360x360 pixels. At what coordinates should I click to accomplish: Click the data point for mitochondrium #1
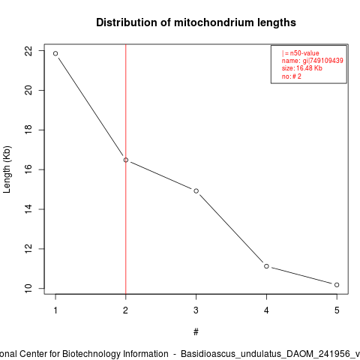[55, 53]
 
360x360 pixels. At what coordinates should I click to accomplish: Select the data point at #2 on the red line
[126, 160]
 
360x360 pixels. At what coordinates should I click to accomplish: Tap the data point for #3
[196, 191]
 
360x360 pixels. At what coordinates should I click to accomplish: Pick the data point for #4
[266, 266]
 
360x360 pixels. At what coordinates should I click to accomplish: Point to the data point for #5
[337, 285]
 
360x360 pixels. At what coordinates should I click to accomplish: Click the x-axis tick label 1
[55, 310]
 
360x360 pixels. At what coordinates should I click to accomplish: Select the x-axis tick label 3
[196, 310]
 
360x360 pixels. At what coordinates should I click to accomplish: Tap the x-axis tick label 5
[337, 310]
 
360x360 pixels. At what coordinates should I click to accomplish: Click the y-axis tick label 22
[28, 51]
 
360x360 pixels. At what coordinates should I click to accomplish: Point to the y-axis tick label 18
[28, 130]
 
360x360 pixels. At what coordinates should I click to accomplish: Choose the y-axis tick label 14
[28, 209]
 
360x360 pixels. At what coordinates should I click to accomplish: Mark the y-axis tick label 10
[28, 289]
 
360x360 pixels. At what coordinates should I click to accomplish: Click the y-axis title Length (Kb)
[7, 169]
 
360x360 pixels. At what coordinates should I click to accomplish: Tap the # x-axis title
[196, 332]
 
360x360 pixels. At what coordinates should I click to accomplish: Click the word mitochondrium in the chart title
[214, 22]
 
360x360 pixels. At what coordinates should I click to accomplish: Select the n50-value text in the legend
[304, 53]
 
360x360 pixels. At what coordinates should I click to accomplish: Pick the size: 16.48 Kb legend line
[302, 68]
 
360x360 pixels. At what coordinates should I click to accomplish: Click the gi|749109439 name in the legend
[323, 61]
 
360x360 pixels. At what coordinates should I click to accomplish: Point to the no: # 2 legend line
[292, 76]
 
